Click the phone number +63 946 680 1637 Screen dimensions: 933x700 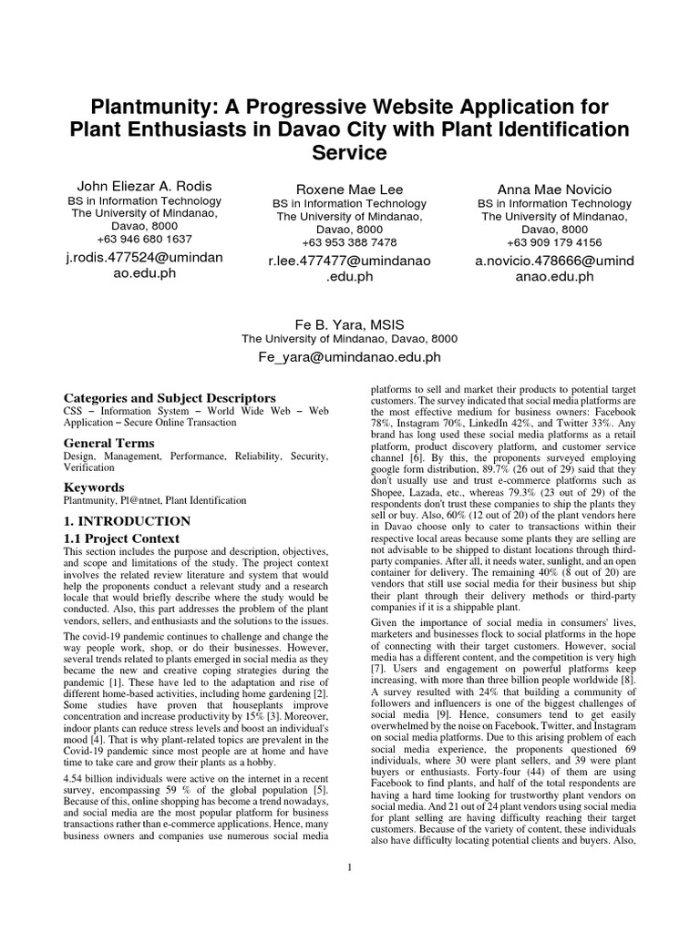pos(140,240)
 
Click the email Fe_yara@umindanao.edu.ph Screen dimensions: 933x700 pos(350,358)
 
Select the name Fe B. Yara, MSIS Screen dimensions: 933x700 pos(350,325)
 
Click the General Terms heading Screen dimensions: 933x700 pos(108,443)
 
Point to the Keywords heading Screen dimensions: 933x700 pos(94,487)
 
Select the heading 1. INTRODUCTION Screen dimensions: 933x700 pos(127,521)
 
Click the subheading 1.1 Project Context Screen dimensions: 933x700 pos(121,539)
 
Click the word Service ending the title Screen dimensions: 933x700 pos(349,151)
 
